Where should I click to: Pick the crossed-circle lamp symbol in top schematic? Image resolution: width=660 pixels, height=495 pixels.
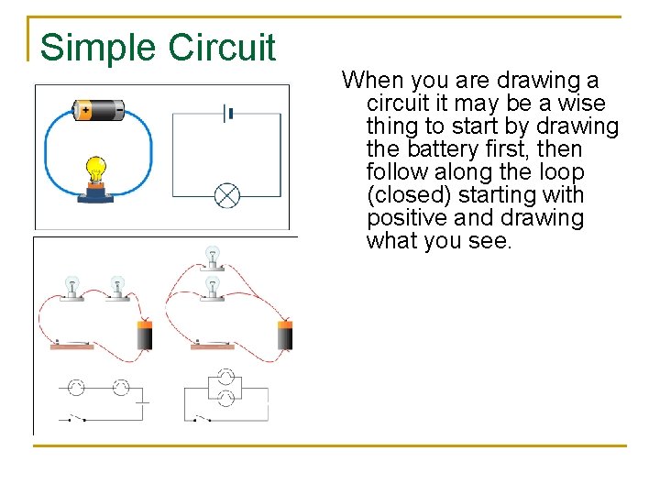[x=226, y=195]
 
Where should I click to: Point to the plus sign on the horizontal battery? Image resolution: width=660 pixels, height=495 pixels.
[x=85, y=110]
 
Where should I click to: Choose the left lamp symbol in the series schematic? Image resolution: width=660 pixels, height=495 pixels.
[x=77, y=388]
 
